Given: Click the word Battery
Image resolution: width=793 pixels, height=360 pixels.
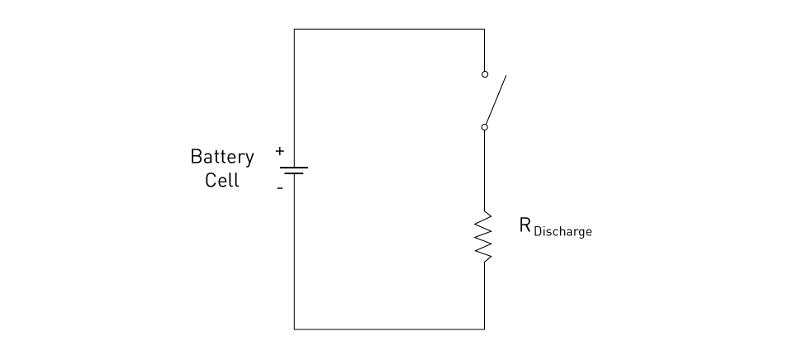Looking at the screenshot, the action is [222, 157].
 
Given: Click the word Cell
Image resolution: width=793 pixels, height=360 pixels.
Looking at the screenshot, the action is [222, 180].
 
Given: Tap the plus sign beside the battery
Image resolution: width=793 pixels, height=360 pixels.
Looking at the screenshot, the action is [280, 150].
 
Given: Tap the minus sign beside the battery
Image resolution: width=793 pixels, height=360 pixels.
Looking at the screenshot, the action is [280, 188].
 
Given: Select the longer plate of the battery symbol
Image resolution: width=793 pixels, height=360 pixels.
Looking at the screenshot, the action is [294, 168].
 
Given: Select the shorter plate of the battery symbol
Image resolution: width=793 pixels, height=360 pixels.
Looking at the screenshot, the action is [294, 173].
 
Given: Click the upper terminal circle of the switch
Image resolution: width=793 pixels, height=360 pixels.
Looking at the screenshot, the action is [485, 74].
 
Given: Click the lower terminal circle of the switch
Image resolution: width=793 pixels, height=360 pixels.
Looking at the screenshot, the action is [485, 127].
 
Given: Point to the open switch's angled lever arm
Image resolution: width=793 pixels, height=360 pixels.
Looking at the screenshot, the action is [496, 100].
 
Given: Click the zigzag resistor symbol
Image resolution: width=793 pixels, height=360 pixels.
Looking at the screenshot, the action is [484, 237].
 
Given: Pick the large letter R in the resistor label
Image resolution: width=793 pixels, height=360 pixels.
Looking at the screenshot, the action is [525, 225].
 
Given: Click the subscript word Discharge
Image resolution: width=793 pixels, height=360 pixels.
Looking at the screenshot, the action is [563, 231].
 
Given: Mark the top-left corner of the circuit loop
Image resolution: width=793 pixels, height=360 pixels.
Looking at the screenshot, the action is [294, 30].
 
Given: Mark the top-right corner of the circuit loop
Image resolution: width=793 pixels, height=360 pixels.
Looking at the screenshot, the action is [485, 30].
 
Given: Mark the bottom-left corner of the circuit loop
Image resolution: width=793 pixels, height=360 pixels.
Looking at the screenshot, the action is [294, 329].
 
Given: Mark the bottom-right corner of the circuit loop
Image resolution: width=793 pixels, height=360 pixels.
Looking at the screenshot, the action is [485, 329].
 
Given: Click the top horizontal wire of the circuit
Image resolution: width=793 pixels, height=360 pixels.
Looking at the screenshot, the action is [389, 30].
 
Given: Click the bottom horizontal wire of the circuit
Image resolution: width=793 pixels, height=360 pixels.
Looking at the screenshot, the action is [389, 329].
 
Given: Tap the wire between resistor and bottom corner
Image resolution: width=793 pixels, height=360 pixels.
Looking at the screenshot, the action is [485, 296].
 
